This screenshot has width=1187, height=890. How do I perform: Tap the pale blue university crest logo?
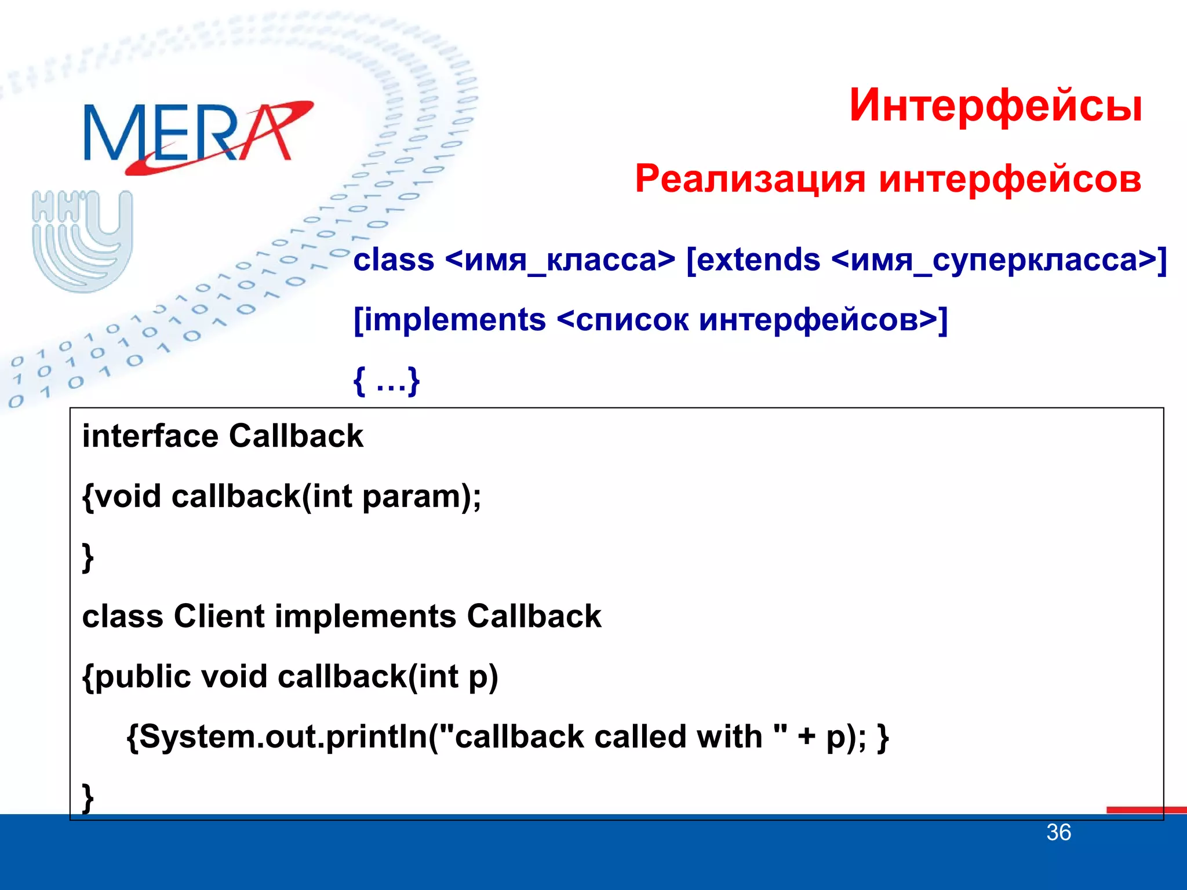[x=82, y=240]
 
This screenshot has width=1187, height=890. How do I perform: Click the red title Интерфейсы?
[x=995, y=105]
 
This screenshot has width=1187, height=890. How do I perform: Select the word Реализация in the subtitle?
[x=751, y=178]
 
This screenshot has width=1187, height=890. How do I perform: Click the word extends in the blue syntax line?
[x=753, y=260]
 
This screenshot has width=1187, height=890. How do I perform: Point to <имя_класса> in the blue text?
[x=560, y=260]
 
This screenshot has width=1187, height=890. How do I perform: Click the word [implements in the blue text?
[x=450, y=320]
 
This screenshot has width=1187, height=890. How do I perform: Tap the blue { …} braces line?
[x=387, y=381]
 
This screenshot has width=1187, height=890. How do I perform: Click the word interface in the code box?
[x=150, y=436]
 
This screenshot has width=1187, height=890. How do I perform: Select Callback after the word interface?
[x=296, y=436]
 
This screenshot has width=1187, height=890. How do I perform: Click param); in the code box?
[x=421, y=497]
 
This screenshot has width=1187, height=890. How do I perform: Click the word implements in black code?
[x=365, y=616]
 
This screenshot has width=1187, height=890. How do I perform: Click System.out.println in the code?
[x=284, y=737]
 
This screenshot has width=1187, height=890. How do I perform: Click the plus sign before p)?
[x=806, y=737]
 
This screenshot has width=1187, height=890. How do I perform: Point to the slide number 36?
[x=1058, y=833]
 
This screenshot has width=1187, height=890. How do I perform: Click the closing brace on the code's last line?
[x=88, y=798]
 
